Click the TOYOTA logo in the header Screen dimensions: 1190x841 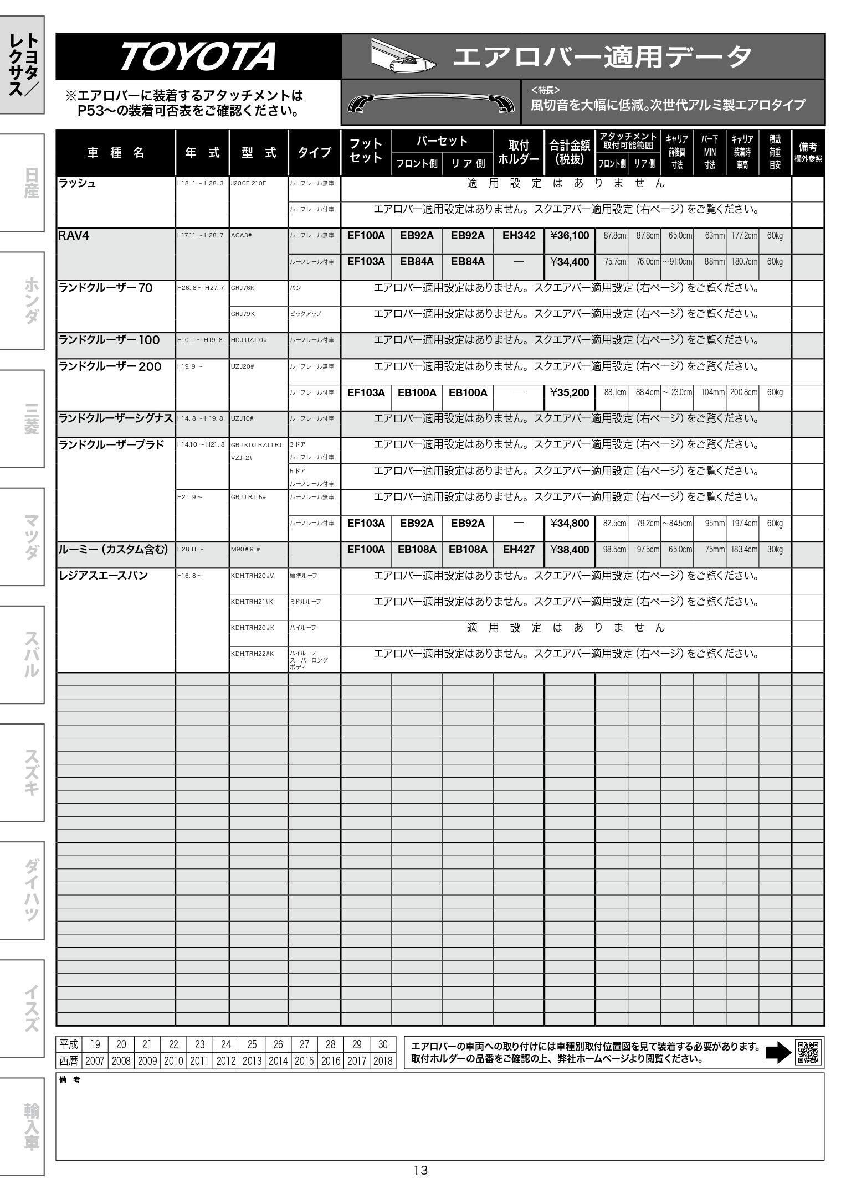[x=198, y=56]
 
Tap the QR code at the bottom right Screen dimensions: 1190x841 [x=808, y=1052]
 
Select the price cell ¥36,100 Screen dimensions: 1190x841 [x=570, y=236]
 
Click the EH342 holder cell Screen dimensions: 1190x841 [x=519, y=236]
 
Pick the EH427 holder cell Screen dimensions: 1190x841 [x=519, y=550]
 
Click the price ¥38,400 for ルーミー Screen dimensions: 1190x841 [x=570, y=550]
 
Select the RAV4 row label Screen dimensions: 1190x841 [x=74, y=236]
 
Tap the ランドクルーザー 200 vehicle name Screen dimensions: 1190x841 [x=110, y=366]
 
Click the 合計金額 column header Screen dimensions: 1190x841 [x=570, y=152]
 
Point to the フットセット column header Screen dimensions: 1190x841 [x=366, y=151]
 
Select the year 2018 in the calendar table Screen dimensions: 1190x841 [x=383, y=1061]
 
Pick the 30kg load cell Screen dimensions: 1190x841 [x=775, y=550]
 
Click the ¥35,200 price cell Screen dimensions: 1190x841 [x=570, y=392]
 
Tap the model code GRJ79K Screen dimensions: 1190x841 [x=243, y=314]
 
